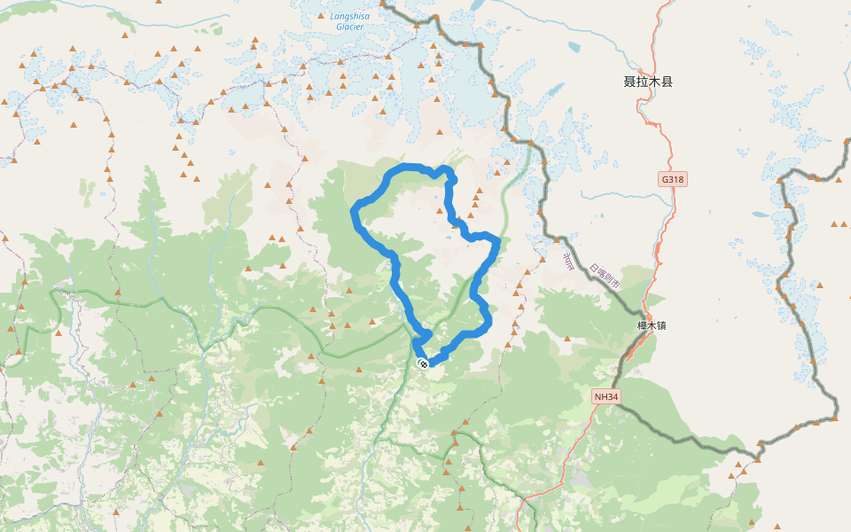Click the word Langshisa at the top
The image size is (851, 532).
point(349,16)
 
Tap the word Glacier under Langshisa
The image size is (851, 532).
point(349,27)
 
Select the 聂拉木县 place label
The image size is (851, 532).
point(648,82)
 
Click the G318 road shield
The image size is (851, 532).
point(674,179)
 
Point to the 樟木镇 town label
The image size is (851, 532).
point(652,325)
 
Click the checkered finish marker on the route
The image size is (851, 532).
point(423,363)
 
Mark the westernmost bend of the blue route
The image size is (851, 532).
point(355,211)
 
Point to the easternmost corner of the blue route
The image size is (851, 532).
point(499,240)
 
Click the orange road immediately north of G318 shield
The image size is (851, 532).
point(667,155)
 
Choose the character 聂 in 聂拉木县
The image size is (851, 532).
point(629,82)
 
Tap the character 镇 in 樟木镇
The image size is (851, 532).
point(661,325)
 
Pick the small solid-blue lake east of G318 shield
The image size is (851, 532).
point(759,215)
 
